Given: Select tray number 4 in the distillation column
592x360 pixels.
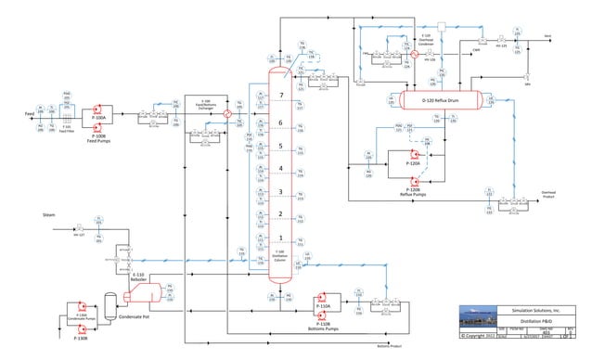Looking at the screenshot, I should (280, 169).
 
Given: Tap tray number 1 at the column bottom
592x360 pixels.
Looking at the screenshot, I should (280, 238).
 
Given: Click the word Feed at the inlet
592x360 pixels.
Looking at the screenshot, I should (30, 113).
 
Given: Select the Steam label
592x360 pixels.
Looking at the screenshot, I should (49, 214).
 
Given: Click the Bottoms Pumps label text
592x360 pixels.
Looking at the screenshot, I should (325, 328).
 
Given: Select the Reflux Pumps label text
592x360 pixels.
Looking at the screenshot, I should (413, 195).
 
